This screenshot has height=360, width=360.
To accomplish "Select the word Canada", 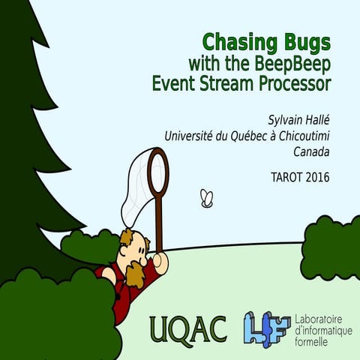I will (x=313, y=151).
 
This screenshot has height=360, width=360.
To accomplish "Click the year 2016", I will (x=316, y=178).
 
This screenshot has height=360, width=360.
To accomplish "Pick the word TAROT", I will (x=286, y=178).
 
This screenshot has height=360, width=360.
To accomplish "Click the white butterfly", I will (x=207, y=198).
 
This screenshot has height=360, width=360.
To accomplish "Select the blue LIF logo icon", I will (x=263, y=327).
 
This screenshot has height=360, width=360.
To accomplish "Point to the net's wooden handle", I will (x=159, y=225).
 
